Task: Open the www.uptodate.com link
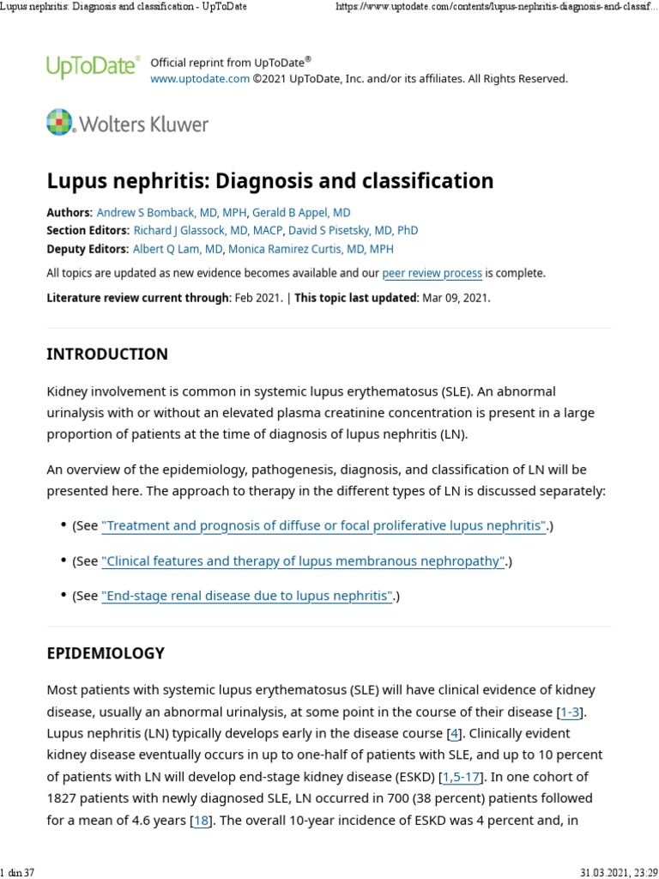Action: click(x=200, y=79)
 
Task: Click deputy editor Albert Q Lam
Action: click(x=178, y=249)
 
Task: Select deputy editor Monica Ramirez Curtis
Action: click(x=311, y=249)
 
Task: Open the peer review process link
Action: click(x=432, y=274)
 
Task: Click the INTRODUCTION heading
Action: click(x=107, y=355)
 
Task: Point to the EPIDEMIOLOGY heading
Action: click(x=105, y=653)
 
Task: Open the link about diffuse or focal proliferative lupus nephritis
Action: click(x=323, y=526)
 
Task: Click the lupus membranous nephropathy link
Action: click(x=303, y=561)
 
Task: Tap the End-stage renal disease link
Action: click(x=247, y=596)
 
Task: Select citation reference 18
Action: click(x=201, y=821)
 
